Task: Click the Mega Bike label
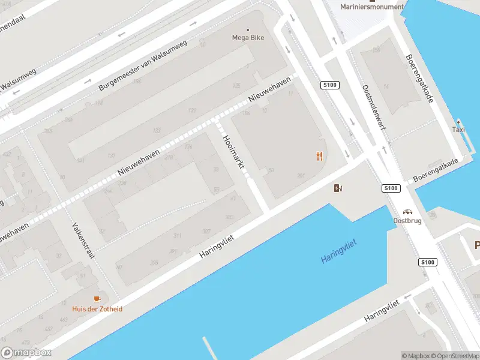[x=248, y=37]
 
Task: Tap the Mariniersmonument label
[x=372, y=7]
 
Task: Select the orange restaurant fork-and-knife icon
[x=319, y=157]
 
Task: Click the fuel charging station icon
[x=338, y=188]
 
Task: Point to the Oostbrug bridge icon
[x=408, y=212]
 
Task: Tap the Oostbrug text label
[x=407, y=221]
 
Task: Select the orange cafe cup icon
[x=97, y=299]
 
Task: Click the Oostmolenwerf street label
[x=373, y=106]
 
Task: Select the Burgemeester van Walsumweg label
[x=143, y=65]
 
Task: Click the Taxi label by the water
[x=458, y=129]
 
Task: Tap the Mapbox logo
[x=26, y=353]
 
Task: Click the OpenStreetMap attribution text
[x=455, y=355]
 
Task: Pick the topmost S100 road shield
[x=329, y=85]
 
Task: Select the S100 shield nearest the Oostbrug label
[x=391, y=188]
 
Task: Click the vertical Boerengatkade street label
[x=419, y=79]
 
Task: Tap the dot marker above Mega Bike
[x=248, y=29]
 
